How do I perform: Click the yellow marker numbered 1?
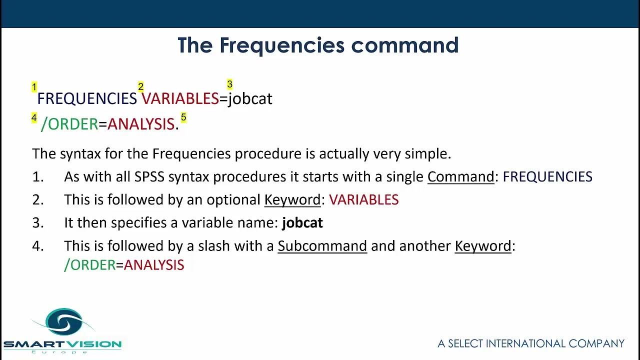pos(34,87)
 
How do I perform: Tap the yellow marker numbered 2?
pos(141,87)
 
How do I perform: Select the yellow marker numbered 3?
pos(229,84)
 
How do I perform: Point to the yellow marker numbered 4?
pos(34,118)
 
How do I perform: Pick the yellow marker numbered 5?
pos(183,117)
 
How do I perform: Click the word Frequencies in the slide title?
pos(282,45)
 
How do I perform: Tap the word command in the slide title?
pos(404,45)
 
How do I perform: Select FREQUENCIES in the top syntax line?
pos(87,98)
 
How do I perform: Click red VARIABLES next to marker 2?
pos(180,98)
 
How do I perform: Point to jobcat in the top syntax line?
pos(250,98)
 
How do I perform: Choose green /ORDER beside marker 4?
pos(69,124)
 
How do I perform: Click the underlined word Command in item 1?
pos(460,176)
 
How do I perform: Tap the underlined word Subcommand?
pos(322,246)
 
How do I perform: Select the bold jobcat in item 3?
pos(302,223)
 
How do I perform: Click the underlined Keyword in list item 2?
pos(292,200)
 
